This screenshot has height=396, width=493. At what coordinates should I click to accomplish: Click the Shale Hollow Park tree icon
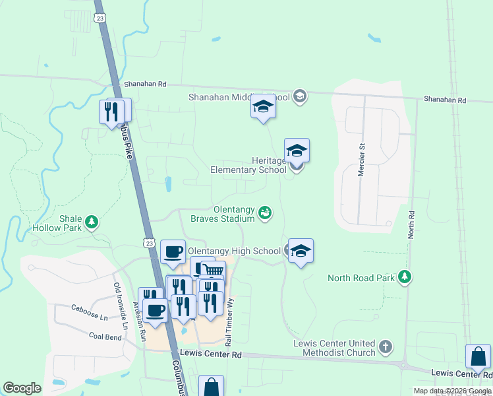[93, 221]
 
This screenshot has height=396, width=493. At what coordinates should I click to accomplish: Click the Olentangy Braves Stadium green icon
[264, 212]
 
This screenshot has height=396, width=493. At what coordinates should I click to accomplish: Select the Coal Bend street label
[105, 337]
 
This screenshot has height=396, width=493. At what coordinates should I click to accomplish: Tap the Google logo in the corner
[22, 388]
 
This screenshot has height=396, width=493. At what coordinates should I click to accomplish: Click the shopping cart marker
[213, 272]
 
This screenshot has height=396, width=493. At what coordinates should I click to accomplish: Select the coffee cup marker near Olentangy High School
[173, 251]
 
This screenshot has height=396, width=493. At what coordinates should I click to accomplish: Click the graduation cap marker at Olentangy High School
[301, 250]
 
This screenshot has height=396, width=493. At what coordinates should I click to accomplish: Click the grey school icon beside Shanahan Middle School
[299, 97]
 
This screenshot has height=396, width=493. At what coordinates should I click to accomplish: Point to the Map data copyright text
[451, 391]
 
